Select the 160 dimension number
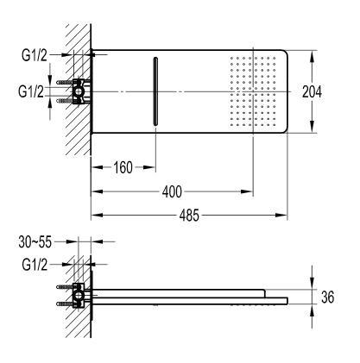click(123, 167)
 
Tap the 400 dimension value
click(170, 191)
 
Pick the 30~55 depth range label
click(36, 244)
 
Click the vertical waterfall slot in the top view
click(155, 91)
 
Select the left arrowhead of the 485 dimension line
click(95, 216)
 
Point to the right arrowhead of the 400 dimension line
click(249, 191)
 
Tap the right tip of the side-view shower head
click(286, 299)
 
